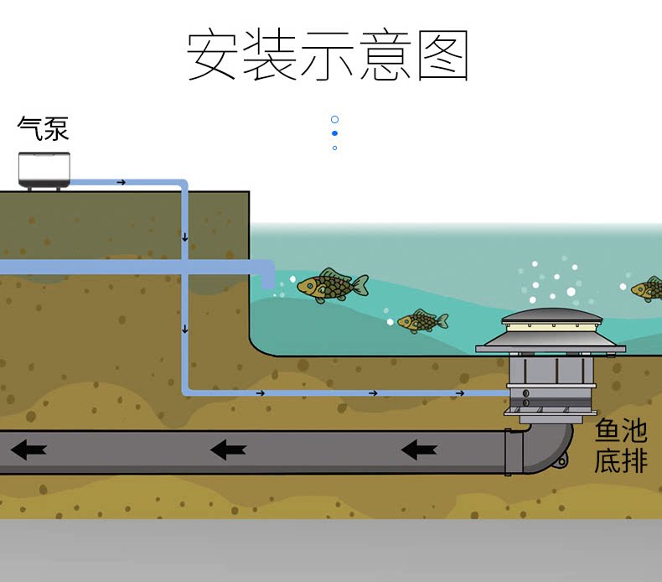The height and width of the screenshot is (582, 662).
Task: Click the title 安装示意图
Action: (327, 56)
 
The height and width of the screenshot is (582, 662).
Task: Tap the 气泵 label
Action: (43, 128)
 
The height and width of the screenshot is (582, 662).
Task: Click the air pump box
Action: (44, 169)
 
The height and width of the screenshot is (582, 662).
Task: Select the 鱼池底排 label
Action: (621, 446)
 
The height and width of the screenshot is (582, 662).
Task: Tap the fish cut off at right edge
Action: (648, 289)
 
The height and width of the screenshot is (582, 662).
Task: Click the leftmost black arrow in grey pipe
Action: (28, 450)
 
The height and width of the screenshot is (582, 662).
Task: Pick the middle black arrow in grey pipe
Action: (228, 450)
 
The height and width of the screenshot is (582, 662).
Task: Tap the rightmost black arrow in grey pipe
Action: (419, 450)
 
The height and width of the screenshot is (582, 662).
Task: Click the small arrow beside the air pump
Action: (122, 182)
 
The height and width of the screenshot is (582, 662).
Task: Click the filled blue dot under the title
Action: (334, 133)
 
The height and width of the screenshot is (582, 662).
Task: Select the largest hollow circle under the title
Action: (334, 120)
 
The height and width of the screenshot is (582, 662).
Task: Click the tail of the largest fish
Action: (359, 286)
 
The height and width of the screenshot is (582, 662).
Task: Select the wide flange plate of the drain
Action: (551, 347)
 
